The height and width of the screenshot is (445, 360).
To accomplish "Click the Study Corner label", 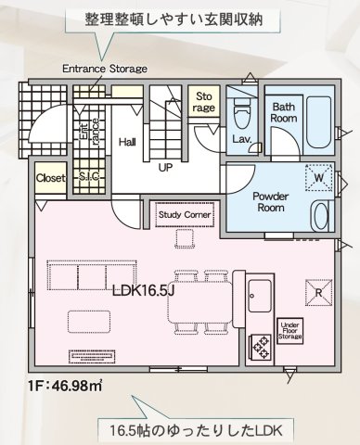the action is click(x=185, y=215).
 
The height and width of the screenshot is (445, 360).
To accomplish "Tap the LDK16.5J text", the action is click(x=144, y=291).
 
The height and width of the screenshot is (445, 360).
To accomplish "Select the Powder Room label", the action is click(x=271, y=202).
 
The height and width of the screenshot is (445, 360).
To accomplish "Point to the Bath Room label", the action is click(x=284, y=112).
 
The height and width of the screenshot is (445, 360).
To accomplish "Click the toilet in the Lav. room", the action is click(x=243, y=113).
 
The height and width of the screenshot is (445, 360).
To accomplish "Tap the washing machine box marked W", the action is click(x=319, y=177).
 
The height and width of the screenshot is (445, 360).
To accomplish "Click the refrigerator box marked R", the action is click(x=319, y=292).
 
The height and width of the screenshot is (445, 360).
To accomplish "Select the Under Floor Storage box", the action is click(x=289, y=331).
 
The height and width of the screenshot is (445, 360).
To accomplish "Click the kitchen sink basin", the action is click(x=260, y=296).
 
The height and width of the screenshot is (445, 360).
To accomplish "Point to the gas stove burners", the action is click(x=260, y=347).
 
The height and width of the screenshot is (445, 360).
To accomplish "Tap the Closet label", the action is click(x=51, y=178).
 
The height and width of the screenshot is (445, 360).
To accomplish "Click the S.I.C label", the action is click(x=89, y=176).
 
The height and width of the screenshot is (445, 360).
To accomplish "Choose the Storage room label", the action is click(x=204, y=102).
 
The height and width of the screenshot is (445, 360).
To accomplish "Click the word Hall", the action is click(x=127, y=142).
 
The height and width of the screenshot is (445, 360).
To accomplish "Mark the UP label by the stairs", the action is click(x=165, y=168).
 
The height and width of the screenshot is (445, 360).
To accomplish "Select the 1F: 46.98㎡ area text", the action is click(x=65, y=386).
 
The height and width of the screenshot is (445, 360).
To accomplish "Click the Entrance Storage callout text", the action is click(x=105, y=69).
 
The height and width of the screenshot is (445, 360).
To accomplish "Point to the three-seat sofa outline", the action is click(x=92, y=275).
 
